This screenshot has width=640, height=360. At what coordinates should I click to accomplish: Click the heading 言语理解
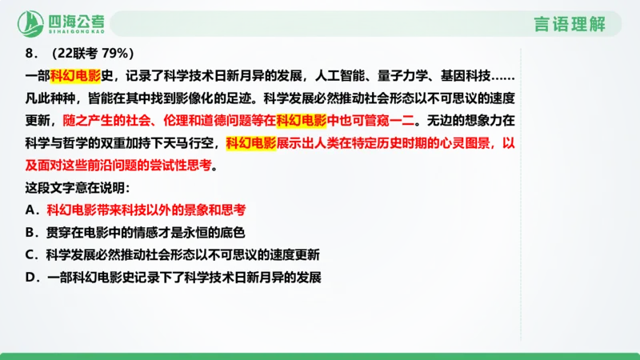click(x=570, y=24)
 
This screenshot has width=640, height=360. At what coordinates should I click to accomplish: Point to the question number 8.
click(x=31, y=54)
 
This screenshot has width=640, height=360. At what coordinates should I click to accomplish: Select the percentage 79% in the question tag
click(x=118, y=54)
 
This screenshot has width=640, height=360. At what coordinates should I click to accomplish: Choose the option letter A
click(x=30, y=210)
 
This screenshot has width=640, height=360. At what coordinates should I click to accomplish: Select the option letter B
click(x=30, y=233)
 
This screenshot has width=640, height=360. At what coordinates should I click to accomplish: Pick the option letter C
click(x=30, y=255)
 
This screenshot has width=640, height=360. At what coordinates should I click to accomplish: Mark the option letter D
click(x=30, y=278)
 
